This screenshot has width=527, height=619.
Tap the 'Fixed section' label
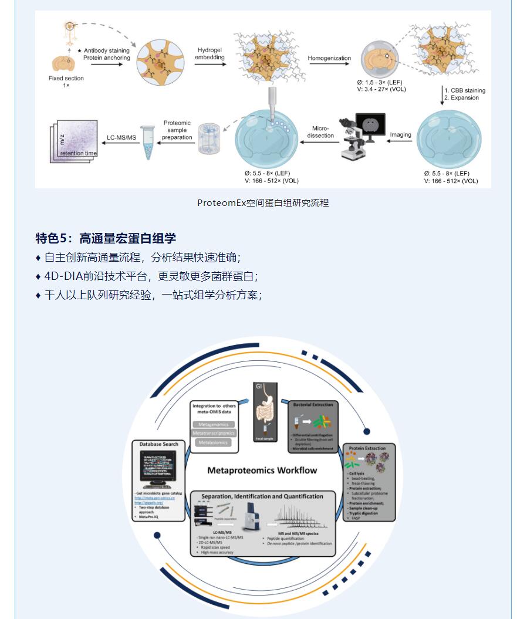[66, 78]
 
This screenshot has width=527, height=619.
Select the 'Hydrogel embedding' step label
[210, 54]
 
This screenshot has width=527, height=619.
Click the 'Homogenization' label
[329, 58]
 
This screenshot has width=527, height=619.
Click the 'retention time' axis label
[78, 153]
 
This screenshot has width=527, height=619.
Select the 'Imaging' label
[401, 134]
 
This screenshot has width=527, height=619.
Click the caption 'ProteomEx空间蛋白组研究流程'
[263, 203]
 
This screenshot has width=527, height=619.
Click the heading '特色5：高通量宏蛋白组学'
[106, 238]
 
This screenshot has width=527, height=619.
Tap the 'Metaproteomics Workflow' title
[262, 470]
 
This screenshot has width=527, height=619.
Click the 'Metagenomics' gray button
[214, 424]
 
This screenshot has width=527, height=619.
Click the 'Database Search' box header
[158, 444]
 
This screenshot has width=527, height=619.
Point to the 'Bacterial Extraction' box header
[312, 404]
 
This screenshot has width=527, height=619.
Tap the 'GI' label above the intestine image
[258, 386]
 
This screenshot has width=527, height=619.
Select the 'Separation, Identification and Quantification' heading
[262, 496]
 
